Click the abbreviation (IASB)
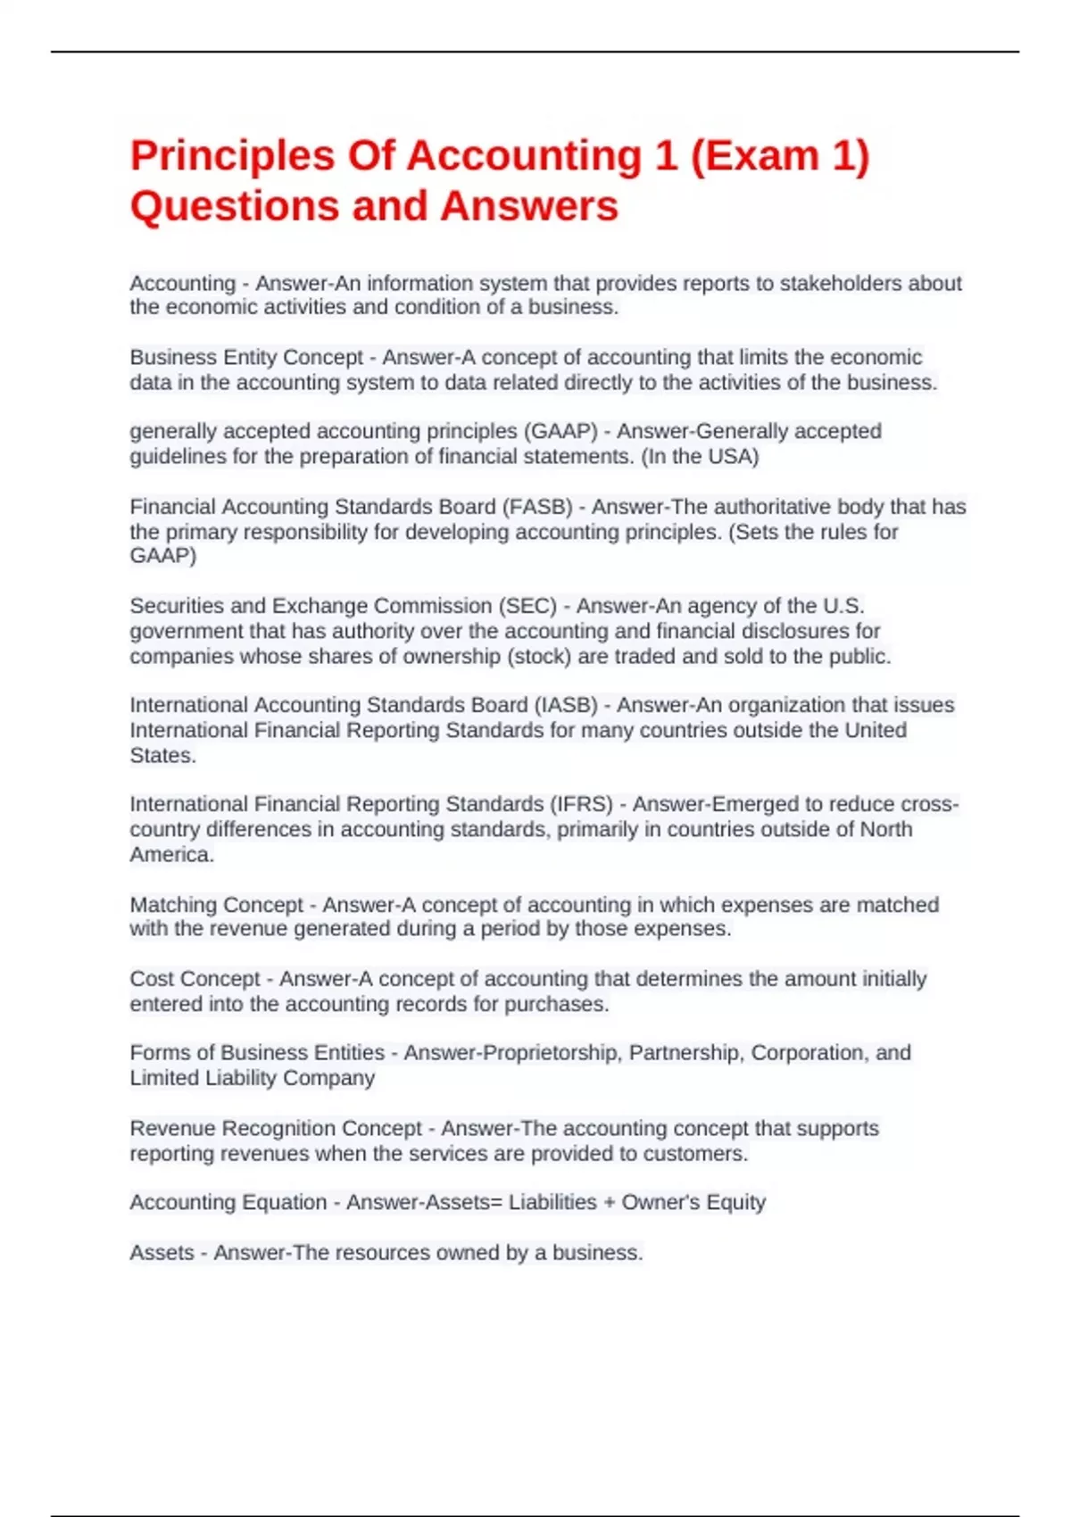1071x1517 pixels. (x=566, y=705)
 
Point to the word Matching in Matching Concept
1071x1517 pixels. (x=170, y=905)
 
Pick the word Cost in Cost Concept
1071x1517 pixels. (x=150, y=979)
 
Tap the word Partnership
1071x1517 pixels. (x=685, y=1053)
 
